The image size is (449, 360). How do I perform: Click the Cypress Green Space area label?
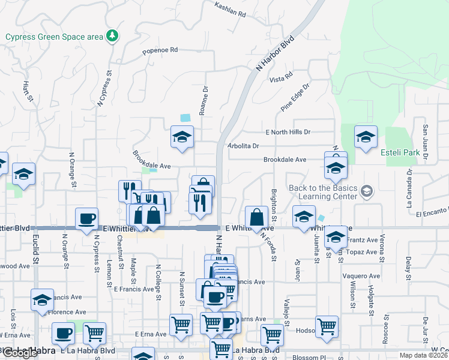coord(55,37)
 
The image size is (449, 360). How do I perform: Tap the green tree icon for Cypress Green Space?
coord(112,37)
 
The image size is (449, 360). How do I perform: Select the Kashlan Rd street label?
coord(231,9)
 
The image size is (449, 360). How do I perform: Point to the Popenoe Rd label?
coord(160,51)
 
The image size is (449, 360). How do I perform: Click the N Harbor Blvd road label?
coord(275,53)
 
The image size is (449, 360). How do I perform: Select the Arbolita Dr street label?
coord(243,146)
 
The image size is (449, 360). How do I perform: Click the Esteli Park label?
coord(400,152)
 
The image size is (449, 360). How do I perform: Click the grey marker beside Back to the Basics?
coord(367,191)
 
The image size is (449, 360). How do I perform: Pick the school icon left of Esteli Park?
coord(365,137)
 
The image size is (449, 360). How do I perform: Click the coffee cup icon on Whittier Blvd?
coord(86,218)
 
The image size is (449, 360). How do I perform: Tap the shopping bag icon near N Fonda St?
coord(257,218)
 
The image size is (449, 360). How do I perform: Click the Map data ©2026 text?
coord(423,355)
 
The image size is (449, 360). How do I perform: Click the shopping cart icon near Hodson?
coord(327,326)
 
